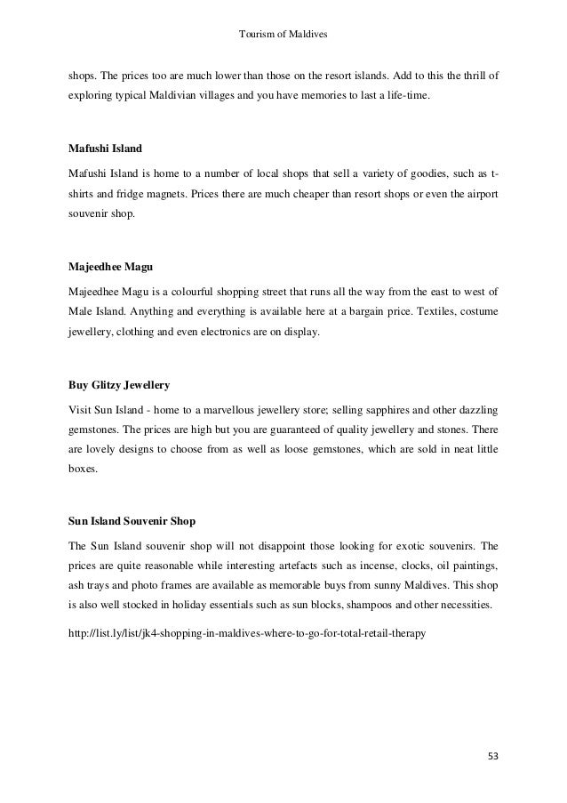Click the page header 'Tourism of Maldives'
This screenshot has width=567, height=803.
click(283, 35)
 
